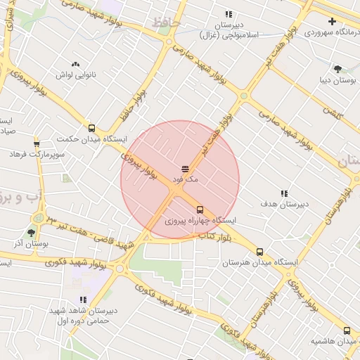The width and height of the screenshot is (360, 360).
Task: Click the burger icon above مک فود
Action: click(185, 169)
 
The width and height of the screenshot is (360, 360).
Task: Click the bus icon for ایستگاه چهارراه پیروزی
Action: click(200, 210)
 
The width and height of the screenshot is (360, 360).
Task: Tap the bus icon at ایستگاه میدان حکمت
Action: click(91, 128)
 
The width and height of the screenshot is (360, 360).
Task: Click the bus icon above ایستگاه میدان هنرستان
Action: click(260, 252)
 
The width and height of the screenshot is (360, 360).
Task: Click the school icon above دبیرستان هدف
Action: click(284, 193)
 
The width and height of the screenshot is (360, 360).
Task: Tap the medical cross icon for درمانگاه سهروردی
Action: click(332, 22)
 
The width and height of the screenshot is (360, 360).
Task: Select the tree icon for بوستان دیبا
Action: click(337, 69)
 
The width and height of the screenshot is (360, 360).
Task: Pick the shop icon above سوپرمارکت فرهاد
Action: click(37, 143)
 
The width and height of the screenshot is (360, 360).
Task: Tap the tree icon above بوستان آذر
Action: click(31, 233)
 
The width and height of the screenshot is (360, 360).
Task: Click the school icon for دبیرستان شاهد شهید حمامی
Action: click(83, 300)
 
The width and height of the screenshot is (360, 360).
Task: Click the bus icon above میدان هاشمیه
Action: click(347, 330)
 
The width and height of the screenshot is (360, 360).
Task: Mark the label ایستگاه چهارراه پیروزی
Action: click(201, 221)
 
